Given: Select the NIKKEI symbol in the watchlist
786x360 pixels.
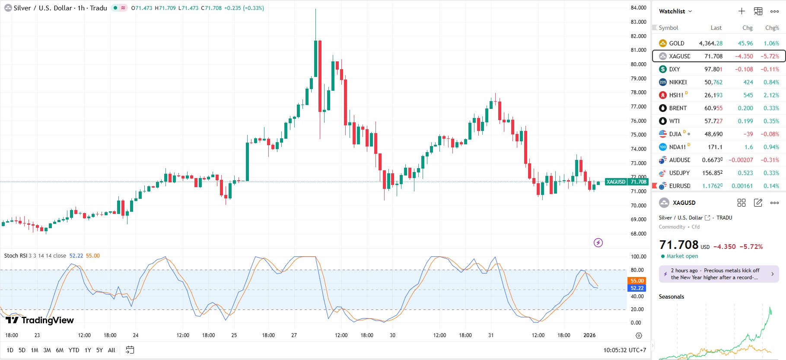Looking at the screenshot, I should coord(678,82).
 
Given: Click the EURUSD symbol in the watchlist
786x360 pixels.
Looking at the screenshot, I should coord(679,186).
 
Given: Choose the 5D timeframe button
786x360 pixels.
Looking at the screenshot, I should coord(22,350).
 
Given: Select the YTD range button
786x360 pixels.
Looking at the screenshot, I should coord(74,350).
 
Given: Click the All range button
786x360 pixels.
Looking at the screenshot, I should coord(111,350).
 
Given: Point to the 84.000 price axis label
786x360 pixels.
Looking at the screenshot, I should coord(638,8).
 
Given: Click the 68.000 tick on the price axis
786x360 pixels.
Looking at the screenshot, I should coord(638,234).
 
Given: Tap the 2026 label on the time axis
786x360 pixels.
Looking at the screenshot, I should coord(589,335).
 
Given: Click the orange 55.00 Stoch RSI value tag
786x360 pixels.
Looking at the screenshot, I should coord(637,281).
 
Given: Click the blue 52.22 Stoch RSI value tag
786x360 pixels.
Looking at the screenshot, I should coord(637,288).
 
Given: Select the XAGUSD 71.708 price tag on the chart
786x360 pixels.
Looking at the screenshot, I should coord(627,182).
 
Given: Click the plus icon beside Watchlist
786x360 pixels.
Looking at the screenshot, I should coord(742,11).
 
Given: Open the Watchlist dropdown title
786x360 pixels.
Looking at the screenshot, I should coord(675,11).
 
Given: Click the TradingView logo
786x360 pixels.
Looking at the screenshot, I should coord(40,320).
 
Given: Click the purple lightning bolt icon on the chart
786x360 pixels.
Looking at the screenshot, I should coord(598,242).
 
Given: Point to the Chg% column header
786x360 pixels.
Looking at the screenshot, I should coord(772,28).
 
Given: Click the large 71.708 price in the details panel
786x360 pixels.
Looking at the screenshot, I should coord(679,245).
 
